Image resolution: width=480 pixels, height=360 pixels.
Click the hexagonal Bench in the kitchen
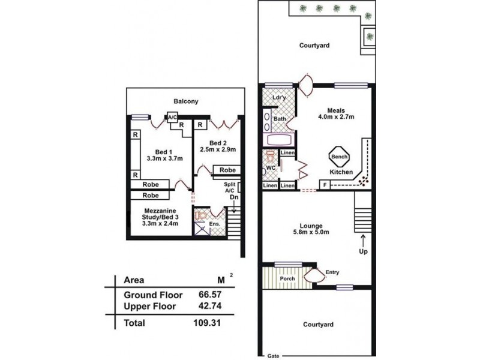click(336, 157)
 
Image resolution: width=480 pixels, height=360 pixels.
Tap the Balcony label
click(186, 101)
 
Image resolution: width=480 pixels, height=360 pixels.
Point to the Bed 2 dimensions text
click(218, 149)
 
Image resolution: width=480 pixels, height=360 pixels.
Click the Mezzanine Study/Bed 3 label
click(159, 216)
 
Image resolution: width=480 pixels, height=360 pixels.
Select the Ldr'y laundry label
click(278, 97)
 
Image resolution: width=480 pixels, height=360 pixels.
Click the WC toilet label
click(271, 168)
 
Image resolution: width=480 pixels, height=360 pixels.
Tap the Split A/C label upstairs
click(229, 189)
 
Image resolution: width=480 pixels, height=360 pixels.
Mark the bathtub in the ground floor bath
click(278, 140)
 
